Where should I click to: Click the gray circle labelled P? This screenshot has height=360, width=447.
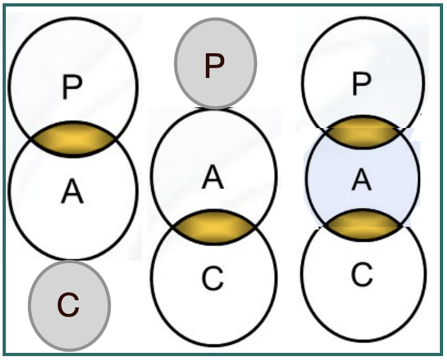click(216, 64)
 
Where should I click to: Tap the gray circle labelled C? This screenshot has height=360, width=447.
click(70, 305)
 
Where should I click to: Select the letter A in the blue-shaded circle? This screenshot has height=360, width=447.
click(362, 179)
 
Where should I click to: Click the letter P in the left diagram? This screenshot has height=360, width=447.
click(72, 86)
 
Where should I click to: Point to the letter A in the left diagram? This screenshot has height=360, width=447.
click(72, 190)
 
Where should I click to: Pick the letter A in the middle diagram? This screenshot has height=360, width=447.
click(212, 178)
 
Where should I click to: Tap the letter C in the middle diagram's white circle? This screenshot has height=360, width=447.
click(212, 278)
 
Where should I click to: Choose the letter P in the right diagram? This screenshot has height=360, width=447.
click(362, 84)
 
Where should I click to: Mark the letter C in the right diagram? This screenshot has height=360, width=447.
click(362, 274)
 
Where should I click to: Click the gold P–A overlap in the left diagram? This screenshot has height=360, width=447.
click(73, 139)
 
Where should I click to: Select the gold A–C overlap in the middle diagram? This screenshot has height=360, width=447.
click(214, 227)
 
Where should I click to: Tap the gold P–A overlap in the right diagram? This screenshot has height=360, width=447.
click(362, 133)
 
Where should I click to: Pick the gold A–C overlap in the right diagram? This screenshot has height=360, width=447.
click(363, 225)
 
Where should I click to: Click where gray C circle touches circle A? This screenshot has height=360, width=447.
click(70, 260)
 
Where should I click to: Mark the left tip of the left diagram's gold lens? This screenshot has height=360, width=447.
click(31, 139)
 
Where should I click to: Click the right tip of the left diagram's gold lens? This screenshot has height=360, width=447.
click(116, 139)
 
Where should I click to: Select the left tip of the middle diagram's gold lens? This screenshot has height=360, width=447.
click(173, 227)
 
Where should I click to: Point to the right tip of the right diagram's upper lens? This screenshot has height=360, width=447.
click(400, 130)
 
